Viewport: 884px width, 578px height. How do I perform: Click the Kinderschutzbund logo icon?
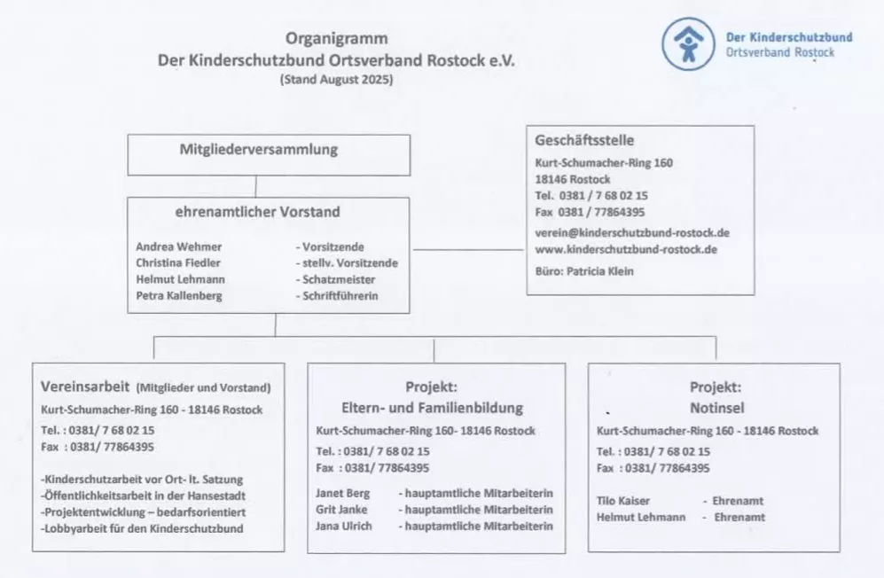click(x=688, y=43)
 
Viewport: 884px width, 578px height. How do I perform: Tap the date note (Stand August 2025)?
click(x=336, y=79)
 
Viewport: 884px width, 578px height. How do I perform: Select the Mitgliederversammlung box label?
click(x=258, y=149)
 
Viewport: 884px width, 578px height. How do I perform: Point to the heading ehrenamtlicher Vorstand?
click(x=257, y=212)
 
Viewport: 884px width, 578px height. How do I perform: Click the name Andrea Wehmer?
click(x=179, y=246)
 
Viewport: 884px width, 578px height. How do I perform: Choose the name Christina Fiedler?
click(x=178, y=262)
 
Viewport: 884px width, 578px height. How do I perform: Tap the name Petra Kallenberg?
click(x=179, y=295)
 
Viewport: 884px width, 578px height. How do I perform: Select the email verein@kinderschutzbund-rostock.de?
click(x=632, y=232)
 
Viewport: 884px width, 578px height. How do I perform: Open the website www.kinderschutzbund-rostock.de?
click(x=626, y=249)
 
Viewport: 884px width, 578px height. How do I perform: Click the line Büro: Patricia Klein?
click(x=584, y=271)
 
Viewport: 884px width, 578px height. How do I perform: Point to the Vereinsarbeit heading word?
click(x=85, y=387)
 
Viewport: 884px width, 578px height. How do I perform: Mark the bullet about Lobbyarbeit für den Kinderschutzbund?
click(x=142, y=528)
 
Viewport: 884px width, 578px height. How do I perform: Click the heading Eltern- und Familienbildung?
click(x=432, y=408)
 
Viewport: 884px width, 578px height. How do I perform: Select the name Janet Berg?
click(x=342, y=493)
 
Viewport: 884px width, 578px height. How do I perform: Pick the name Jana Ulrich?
click(x=344, y=526)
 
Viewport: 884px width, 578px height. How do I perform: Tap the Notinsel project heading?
click(x=715, y=408)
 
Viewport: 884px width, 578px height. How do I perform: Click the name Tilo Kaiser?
click(x=623, y=501)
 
